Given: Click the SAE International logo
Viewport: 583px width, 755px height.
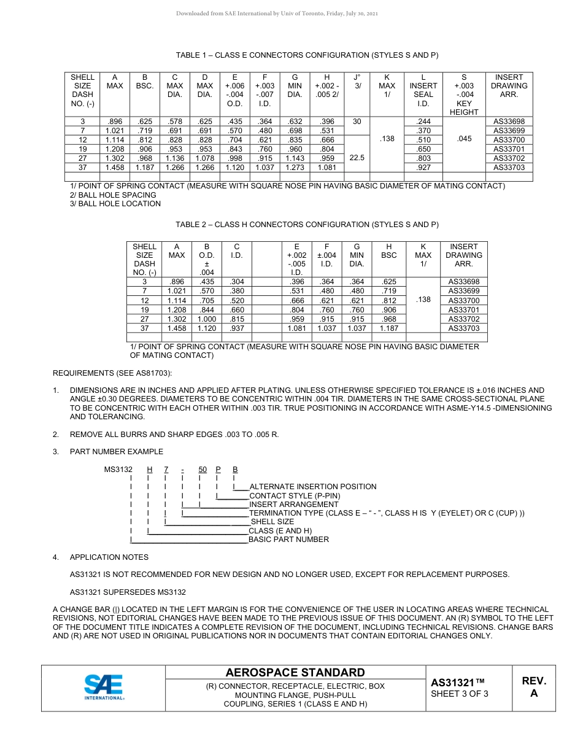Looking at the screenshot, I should [x=104, y=687].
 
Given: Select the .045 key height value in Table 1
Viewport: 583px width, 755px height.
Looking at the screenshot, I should [x=464, y=139].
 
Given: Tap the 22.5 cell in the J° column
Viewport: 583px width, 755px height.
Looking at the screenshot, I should [x=357, y=158].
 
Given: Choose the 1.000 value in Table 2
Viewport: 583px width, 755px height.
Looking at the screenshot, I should [x=207, y=319].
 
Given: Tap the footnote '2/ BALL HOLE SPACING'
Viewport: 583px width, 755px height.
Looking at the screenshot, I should [x=113, y=195].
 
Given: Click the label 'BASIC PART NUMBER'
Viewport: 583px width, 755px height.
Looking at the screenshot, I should [x=288, y=540].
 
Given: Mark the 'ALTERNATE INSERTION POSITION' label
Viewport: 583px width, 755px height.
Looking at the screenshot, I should [x=312, y=487].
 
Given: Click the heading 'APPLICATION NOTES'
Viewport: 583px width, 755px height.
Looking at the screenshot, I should [x=109, y=557].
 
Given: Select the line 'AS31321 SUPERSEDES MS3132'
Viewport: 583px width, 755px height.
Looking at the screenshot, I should [x=128, y=592].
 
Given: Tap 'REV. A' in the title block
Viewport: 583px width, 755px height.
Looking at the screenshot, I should [x=533, y=687].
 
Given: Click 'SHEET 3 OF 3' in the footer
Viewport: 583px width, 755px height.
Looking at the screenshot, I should [x=460, y=694].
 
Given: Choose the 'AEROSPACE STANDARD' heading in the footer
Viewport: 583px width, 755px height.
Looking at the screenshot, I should [x=295, y=673].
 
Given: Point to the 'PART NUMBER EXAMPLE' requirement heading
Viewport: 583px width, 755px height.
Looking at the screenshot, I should [x=116, y=452].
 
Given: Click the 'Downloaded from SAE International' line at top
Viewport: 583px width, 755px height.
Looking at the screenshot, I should [x=277, y=14].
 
